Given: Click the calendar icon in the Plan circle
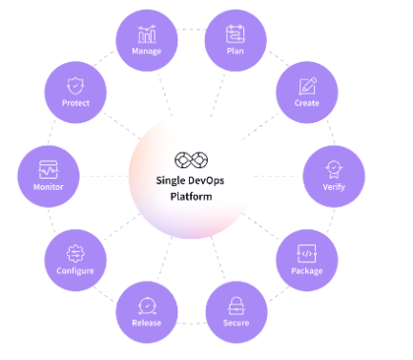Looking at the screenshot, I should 236,32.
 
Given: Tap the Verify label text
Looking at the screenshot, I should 334,186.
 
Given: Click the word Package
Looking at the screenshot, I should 307,270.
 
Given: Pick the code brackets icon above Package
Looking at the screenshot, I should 307,253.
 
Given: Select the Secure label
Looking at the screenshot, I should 236,322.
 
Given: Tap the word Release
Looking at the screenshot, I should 147,322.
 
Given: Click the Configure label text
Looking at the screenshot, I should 74,270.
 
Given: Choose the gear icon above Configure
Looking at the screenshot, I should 74,253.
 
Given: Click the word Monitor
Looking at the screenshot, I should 48,186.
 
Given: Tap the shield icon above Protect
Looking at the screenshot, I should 74,85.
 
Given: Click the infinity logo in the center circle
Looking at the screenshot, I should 184,159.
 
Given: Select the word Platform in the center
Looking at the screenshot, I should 184,196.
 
